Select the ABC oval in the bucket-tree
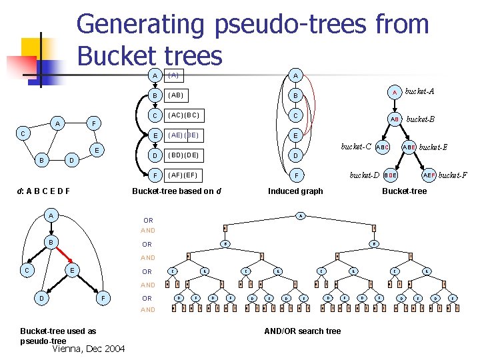[383, 147]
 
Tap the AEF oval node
[429, 175]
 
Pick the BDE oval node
[390, 175]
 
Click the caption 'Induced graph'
[295, 191]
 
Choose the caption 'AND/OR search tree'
[303, 331]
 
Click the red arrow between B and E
[63, 255]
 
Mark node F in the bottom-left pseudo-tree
[103, 297]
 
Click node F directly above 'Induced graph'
[295, 176]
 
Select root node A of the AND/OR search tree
[301, 215]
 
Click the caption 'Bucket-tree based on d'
[177, 191]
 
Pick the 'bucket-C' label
[356, 146]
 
